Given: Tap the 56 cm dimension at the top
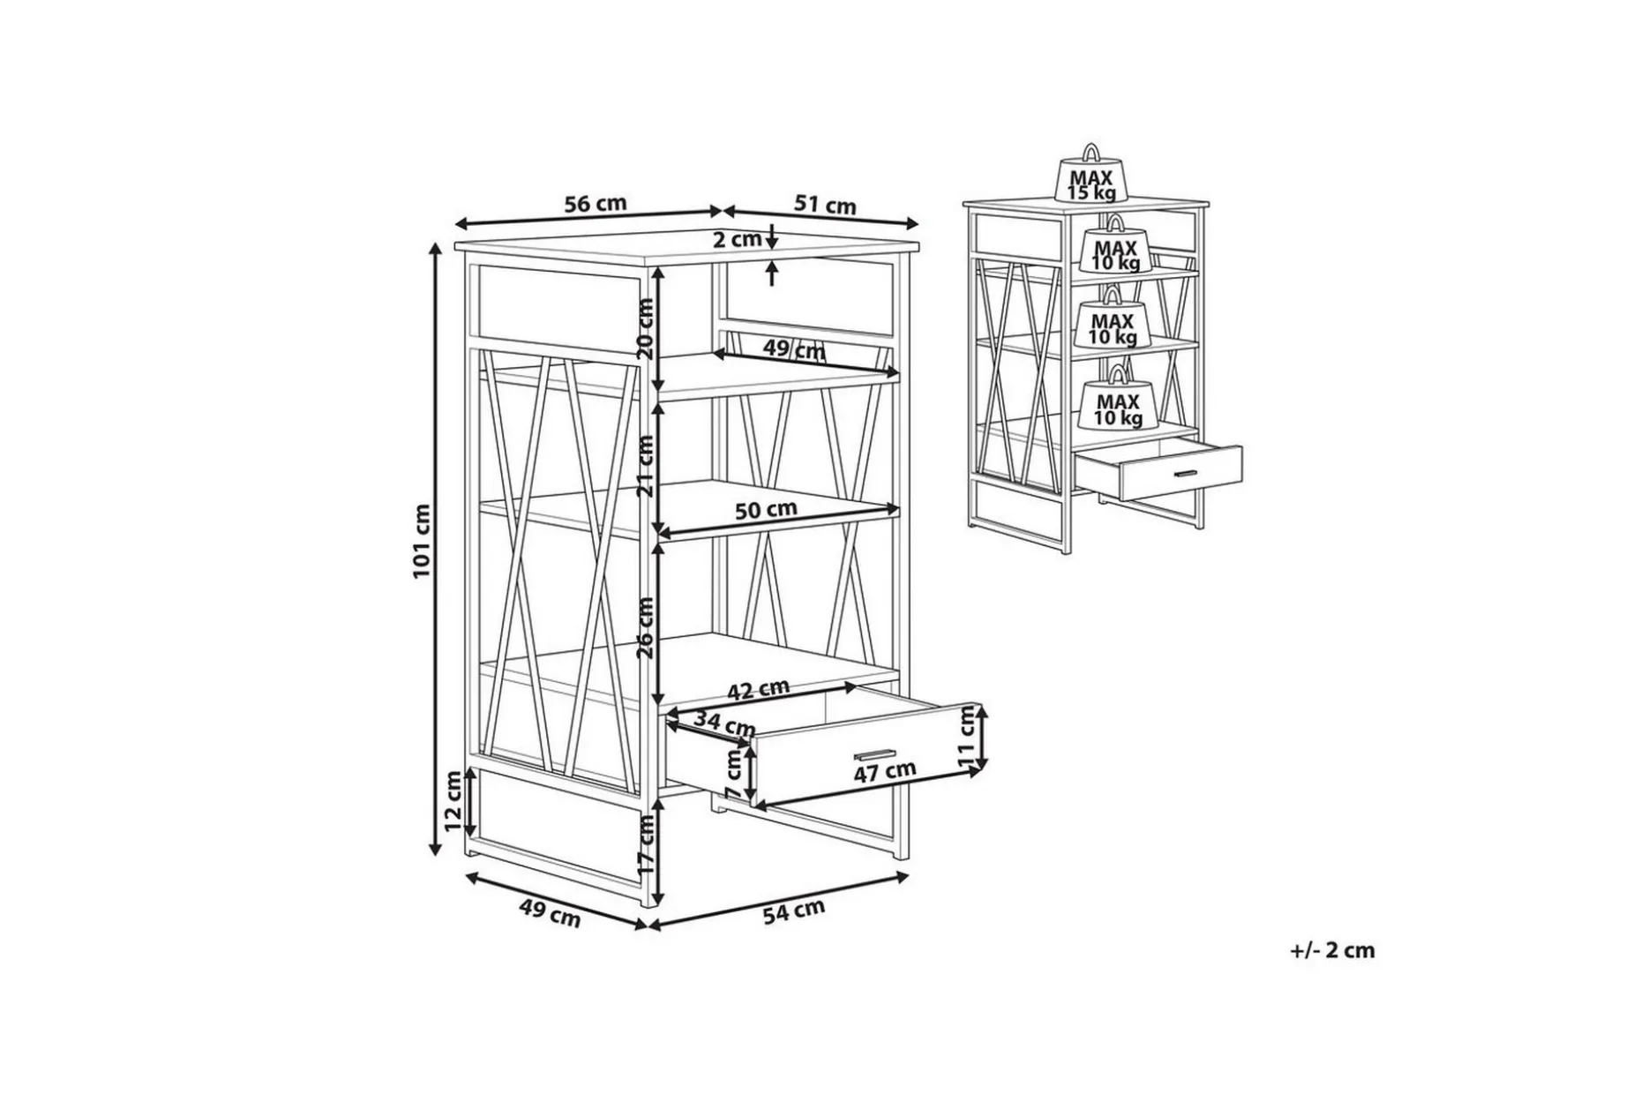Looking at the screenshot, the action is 595,203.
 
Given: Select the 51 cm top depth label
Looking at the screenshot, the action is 825,205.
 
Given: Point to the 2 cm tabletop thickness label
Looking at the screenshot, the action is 737,239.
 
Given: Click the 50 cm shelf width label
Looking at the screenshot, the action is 766,510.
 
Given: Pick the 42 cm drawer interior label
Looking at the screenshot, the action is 758,689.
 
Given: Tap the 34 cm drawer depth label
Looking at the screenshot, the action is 724,724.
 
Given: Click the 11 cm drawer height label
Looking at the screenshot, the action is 967,738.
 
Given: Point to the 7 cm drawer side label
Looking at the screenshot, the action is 733,775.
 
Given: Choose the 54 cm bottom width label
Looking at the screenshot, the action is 793,910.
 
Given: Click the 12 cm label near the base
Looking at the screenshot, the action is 453,801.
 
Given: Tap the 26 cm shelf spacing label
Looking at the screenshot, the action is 645,627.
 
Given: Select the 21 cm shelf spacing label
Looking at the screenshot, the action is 646,466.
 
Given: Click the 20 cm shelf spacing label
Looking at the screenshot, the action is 645,328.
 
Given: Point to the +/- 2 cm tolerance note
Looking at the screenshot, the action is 1332,950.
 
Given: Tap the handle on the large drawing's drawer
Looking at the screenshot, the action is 874,755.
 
